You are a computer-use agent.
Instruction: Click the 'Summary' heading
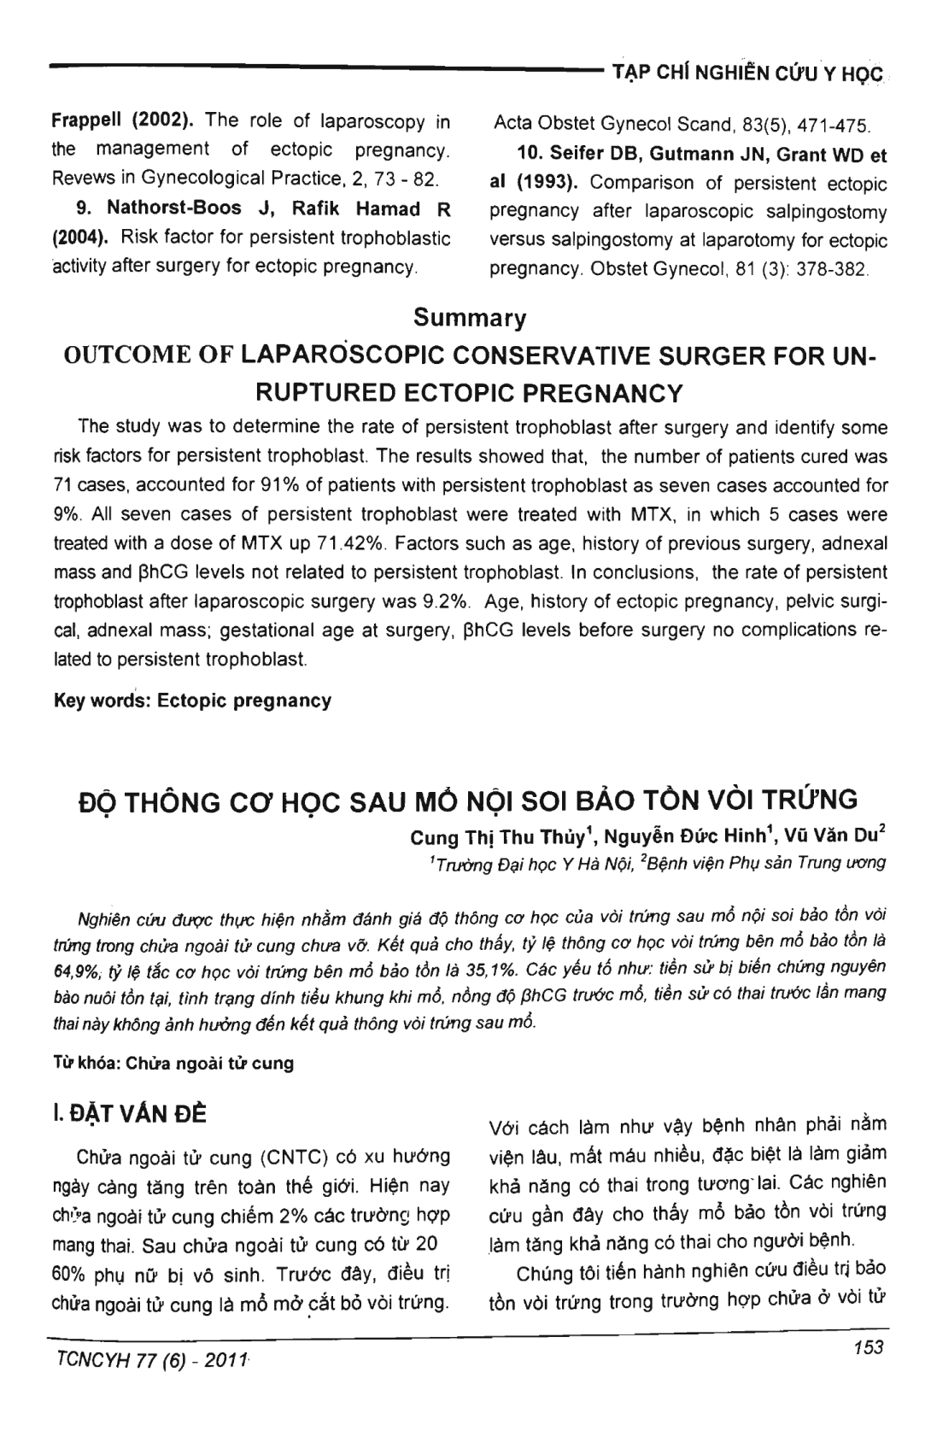click(470, 319)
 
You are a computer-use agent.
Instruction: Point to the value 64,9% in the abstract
click(81, 975)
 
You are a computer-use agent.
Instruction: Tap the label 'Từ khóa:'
click(80, 1064)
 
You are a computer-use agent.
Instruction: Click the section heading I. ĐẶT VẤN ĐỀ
click(126, 1115)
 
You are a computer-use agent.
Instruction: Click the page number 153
click(868, 1348)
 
